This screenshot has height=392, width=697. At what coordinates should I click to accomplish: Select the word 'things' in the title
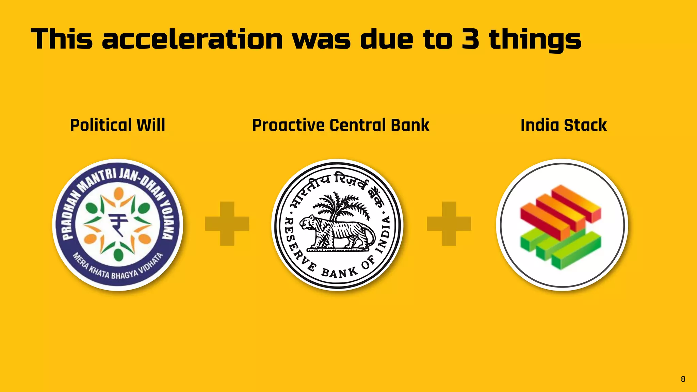point(535,40)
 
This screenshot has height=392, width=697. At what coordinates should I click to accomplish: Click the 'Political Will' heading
point(117,125)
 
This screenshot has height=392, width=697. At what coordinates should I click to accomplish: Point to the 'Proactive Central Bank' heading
point(341,125)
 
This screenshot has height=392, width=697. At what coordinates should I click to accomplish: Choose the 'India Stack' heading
point(564,125)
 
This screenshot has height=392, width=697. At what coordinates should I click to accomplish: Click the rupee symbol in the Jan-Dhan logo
point(118,225)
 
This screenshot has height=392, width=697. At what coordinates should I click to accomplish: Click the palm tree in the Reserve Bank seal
point(340,204)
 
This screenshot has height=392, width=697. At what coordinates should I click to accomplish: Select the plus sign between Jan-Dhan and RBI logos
point(227,224)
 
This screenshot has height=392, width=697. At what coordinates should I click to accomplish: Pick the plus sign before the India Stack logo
point(449,224)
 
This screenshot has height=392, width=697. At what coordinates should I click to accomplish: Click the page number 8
point(683,379)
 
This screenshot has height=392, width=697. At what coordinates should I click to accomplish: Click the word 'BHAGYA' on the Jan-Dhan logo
point(124,274)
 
